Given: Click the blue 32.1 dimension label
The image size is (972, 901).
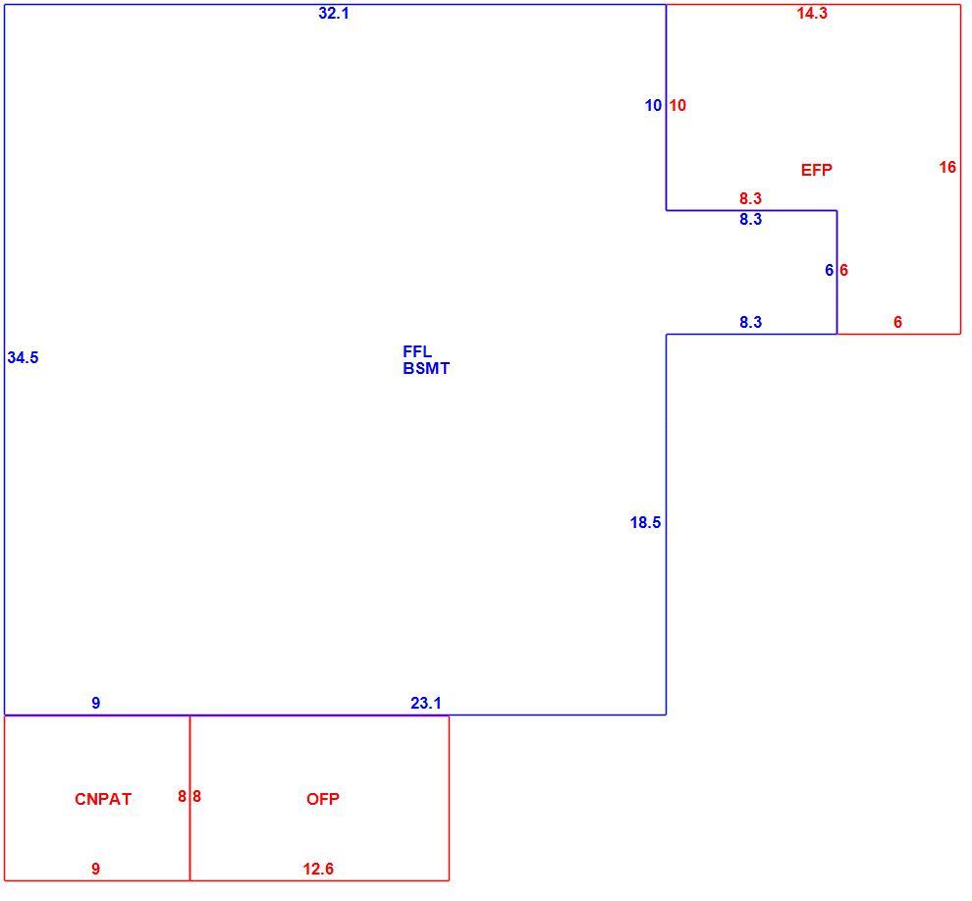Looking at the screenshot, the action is (x=334, y=13).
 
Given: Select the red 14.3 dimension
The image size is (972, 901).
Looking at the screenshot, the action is (x=812, y=13).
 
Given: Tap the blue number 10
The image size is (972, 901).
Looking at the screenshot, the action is (x=653, y=105).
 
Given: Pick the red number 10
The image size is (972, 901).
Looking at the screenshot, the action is (x=677, y=105).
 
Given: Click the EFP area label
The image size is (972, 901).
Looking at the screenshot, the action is (x=817, y=170).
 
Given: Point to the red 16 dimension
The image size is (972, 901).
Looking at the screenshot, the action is (x=947, y=167).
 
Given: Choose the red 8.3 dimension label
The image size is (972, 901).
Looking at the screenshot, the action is (x=750, y=198).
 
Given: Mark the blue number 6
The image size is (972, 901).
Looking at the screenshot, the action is (x=829, y=270).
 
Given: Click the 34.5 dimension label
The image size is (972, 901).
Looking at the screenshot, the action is (x=23, y=357).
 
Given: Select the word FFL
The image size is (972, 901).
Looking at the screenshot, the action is (x=417, y=352).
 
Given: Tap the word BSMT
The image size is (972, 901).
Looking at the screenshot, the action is (x=426, y=368).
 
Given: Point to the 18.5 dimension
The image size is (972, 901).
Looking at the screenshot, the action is (x=645, y=522).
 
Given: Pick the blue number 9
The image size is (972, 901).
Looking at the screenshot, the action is (x=95, y=703).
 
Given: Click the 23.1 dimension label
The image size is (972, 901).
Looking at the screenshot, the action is (x=426, y=703).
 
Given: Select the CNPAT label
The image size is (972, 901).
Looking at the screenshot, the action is (x=103, y=799).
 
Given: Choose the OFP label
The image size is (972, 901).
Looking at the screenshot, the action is (x=323, y=799).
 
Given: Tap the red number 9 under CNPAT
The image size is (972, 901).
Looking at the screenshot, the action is (x=95, y=869).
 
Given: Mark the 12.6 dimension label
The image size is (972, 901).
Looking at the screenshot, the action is (x=318, y=869).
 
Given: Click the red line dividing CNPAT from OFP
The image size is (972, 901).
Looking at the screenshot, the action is (x=189, y=798).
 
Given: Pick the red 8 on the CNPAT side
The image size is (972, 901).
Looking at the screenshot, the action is (x=182, y=796).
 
